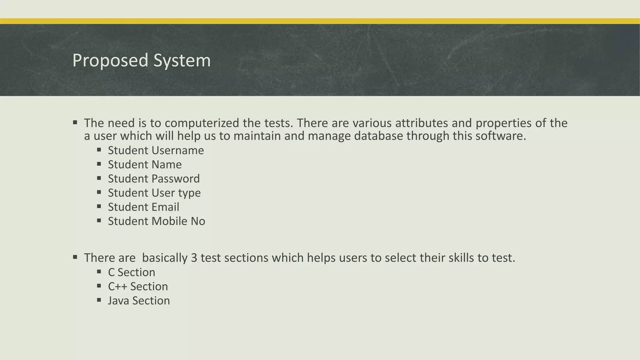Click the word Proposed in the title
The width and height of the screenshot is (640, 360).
coord(110,60)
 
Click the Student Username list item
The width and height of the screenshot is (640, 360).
coord(156,150)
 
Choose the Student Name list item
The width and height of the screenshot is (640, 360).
coord(145,164)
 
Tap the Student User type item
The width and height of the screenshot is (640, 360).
coord(154,193)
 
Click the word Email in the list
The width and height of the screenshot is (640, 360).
coord(165,207)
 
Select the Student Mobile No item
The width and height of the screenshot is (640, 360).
coord(156,221)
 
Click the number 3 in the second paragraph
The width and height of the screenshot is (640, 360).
coord(194,258)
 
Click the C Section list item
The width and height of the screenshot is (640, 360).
coord(132,272)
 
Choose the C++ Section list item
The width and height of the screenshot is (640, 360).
coord(138,286)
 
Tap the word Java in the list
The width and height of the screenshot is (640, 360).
coord(118,301)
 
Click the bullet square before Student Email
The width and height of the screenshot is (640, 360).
coord(99,206)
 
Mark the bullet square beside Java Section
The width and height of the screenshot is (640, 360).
coord(99,300)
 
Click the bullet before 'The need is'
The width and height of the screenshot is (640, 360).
coord(75,122)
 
